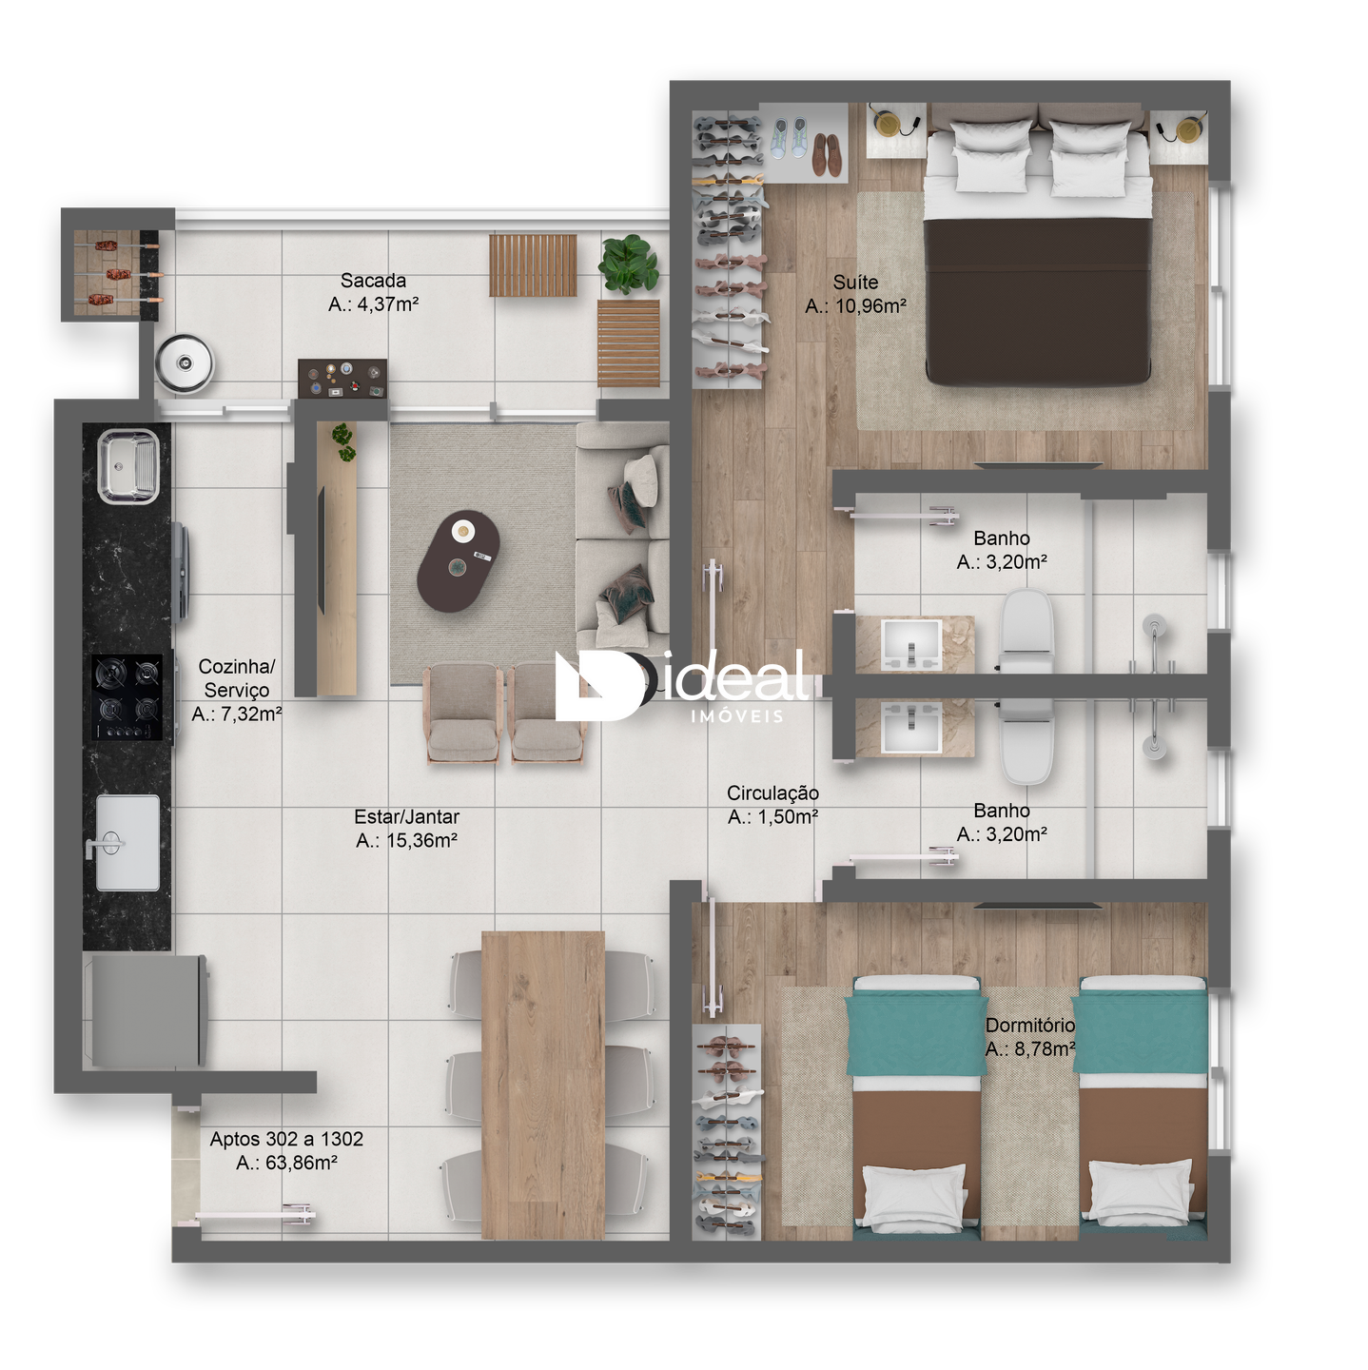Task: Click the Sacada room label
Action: click(373, 281)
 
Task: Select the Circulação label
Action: click(772, 793)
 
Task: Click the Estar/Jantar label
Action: click(406, 817)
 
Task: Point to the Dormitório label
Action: click(1029, 1025)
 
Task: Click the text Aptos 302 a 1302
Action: click(286, 1139)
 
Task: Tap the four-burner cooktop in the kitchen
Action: click(127, 697)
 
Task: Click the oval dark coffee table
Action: click(459, 561)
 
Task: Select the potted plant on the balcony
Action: click(628, 264)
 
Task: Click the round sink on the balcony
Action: click(185, 363)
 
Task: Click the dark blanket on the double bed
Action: click(1037, 303)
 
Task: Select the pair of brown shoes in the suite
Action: click(826, 154)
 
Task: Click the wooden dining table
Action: click(543, 1086)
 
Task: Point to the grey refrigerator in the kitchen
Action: click(147, 1010)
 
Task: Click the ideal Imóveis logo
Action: click(681, 685)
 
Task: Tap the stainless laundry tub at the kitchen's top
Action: click(128, 466)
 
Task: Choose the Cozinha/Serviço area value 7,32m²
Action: click(237, 714)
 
